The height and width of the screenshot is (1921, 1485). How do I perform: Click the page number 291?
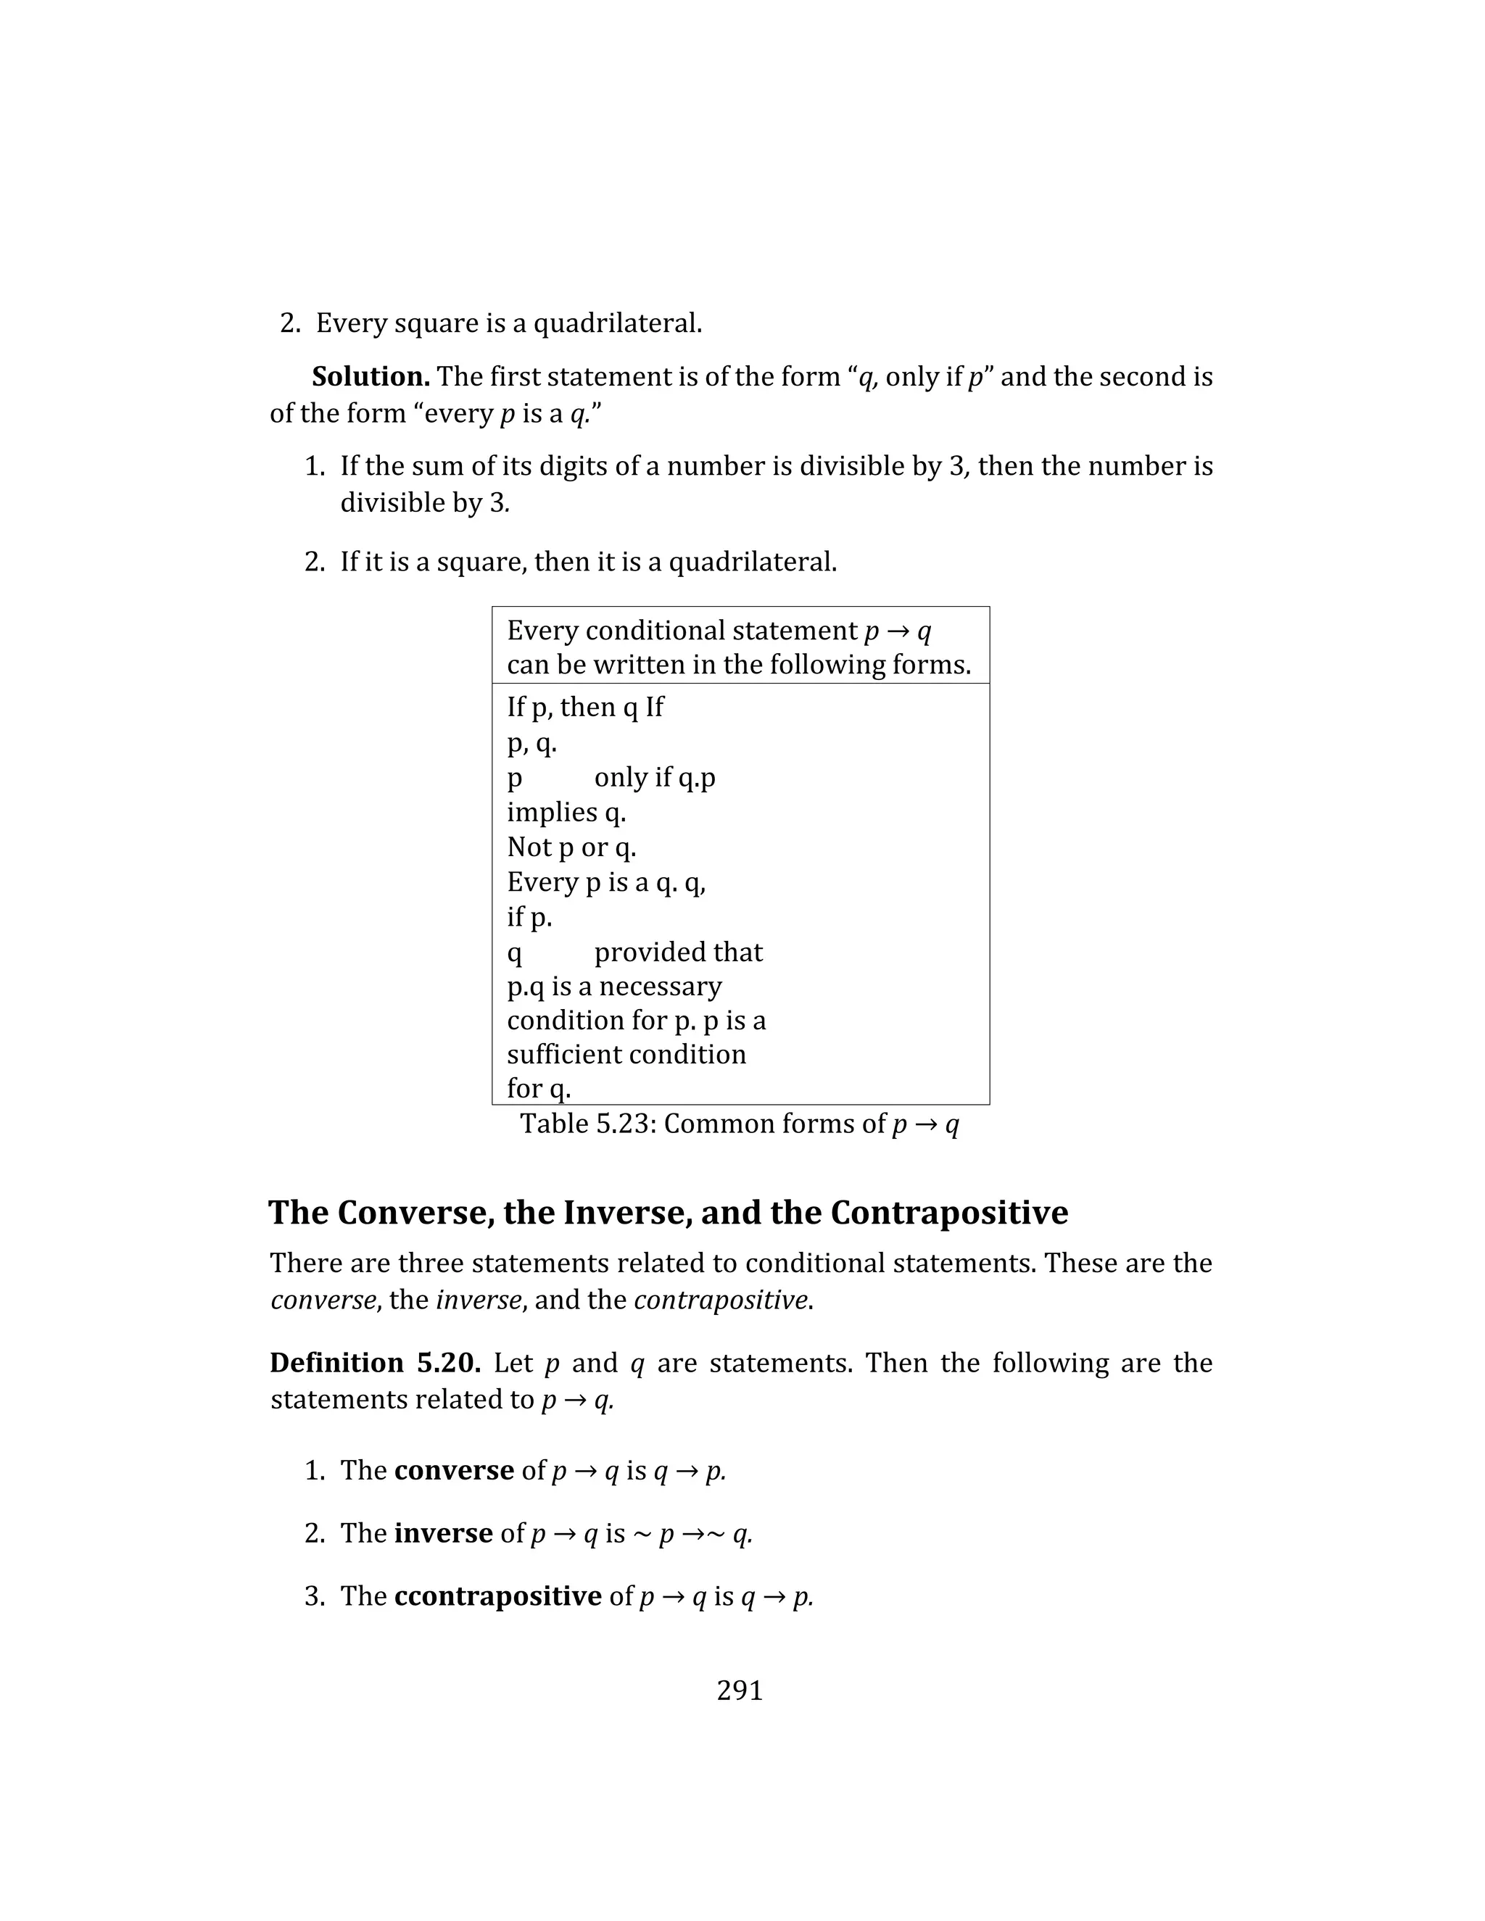(740, 1690)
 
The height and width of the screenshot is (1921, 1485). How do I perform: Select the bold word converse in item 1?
(454, 1471)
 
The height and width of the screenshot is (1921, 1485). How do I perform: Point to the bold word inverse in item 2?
(442, 1533)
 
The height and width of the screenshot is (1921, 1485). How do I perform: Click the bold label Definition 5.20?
(375, 1363)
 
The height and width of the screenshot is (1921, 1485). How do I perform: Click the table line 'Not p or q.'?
(571, 847)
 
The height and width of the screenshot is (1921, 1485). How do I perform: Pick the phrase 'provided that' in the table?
(678, 952)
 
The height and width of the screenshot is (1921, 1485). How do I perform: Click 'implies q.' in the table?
(566, 812)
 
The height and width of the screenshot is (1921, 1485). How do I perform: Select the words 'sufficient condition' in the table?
(626, 1054)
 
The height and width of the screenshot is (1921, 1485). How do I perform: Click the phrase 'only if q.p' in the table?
(655, 778)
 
